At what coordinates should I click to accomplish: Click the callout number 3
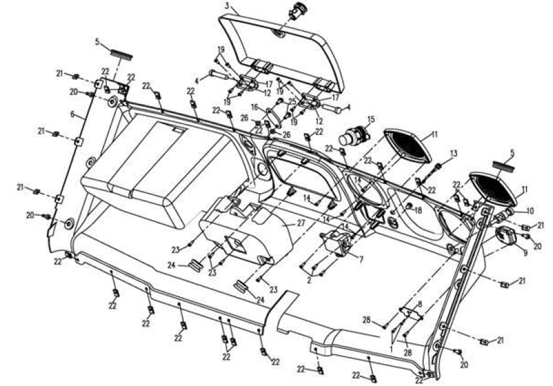click(x=228, y=6)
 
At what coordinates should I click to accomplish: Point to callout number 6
click(x=73, y=115)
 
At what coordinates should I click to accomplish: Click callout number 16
click(x=255, y=107)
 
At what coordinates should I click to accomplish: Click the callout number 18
click(x=418, y=210)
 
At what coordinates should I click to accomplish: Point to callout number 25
click(x=291, y=102)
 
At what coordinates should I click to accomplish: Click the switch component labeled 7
click(x=338, y=243)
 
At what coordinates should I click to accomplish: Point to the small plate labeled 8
click(x=410, y=313)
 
